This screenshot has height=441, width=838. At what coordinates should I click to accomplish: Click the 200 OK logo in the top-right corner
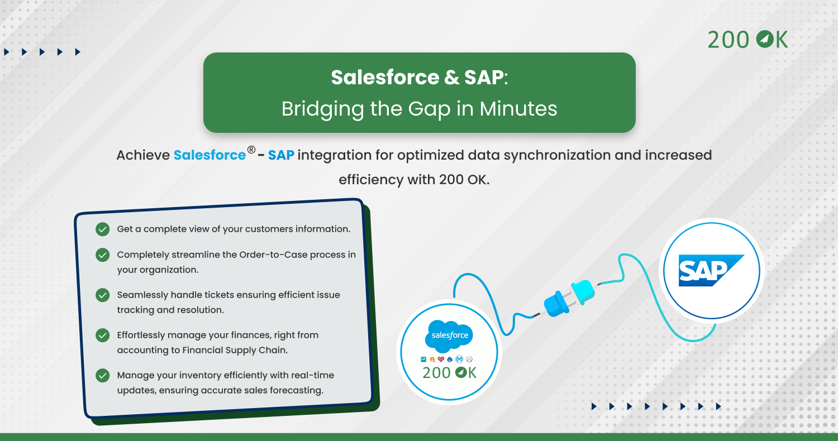coord(747,40)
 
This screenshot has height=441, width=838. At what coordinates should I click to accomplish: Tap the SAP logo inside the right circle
coord(711,270)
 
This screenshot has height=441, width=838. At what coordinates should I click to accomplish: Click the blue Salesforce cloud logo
coord(449,336)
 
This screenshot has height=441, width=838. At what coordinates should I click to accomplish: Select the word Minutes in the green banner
coord(518,109)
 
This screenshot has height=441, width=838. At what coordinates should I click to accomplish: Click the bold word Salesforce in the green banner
coord(385,78)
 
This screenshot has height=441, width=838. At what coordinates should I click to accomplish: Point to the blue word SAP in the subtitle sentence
coord(281,155)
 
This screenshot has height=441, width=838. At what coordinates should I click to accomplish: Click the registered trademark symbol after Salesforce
coord(251,150)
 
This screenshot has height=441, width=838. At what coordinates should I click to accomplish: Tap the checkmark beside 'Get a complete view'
coord(102,229)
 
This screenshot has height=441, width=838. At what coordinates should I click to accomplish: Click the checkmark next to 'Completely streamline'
coord(102,255)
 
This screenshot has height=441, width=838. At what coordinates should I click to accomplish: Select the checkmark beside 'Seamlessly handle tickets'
coord(102,295)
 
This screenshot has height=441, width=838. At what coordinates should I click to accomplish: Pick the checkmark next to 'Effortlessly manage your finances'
coord(102,335)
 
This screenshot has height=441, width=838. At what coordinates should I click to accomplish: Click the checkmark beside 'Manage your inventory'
coord(102,375)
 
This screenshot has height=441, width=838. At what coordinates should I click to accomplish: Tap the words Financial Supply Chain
coord(235,350)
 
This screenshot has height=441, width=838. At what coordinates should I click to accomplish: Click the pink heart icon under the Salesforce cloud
coord(441,359)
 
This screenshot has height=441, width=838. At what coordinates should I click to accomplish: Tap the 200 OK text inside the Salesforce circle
coord(449,373)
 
